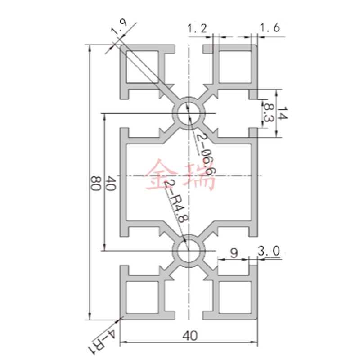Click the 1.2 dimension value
[x=197, y=28]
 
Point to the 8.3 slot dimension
[x=269, y=113]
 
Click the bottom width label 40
[x=190, y=335]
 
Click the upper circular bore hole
[x=189, y=112]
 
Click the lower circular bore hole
[x=189, y=250]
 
